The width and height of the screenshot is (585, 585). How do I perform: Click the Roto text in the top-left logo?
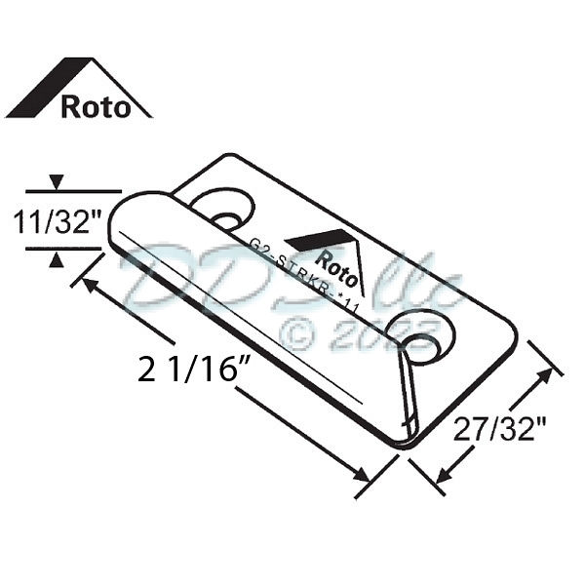point(95,105)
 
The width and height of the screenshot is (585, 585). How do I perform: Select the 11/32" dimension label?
point(57,222)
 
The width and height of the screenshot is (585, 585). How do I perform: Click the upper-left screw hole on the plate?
point(223,212)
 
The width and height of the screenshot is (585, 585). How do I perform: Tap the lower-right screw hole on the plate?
point(421,339)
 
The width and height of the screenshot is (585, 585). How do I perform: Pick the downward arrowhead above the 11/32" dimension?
point(58,182)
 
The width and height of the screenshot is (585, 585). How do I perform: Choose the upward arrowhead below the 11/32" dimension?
point(58,258)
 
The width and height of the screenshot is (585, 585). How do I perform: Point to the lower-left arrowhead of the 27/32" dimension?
point(441,475)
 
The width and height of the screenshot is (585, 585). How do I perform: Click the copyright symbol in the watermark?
point(297,335)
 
